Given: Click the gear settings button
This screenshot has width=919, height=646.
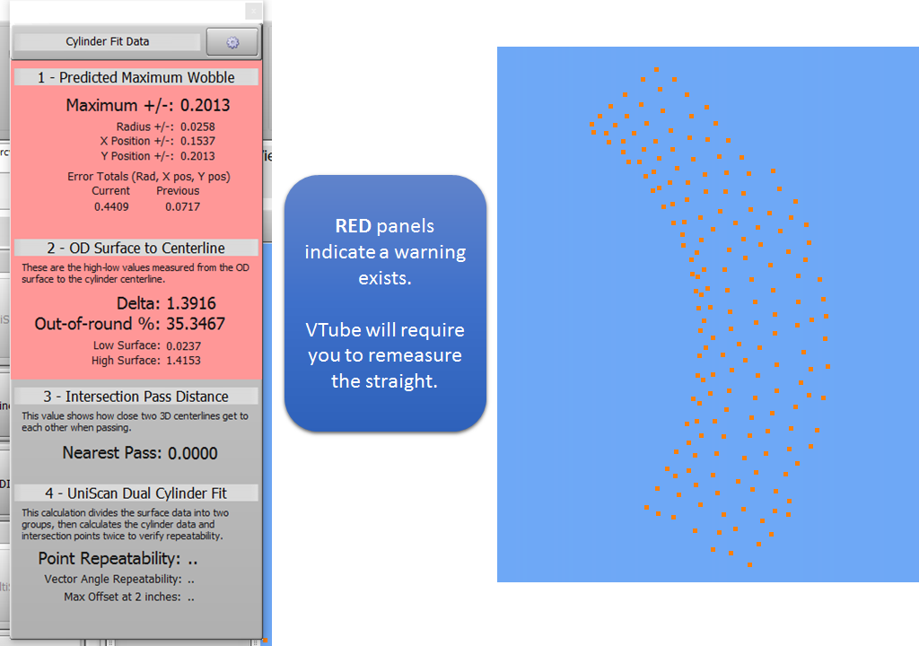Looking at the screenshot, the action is (232, 42).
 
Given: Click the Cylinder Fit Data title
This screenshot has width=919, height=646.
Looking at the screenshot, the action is (108, 41).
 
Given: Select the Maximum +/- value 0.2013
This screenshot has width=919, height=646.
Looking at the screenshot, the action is (206, 105).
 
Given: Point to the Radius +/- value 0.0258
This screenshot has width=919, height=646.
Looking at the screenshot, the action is (197, 127).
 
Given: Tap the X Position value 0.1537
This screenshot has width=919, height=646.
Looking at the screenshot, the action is (197, 141).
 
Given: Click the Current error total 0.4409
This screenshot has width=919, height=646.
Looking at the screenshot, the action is (111, 207).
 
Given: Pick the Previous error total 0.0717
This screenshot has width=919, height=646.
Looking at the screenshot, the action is (182, 207).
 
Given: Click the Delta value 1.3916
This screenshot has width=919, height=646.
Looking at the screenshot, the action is (191, 303).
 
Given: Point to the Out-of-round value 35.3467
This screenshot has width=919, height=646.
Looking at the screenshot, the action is (196, 324).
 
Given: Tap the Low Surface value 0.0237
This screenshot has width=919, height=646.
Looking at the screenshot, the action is (183, 345).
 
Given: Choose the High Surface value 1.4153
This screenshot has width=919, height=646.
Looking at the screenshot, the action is (183, 361).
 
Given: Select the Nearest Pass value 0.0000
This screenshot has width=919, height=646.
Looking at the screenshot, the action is (193, 453).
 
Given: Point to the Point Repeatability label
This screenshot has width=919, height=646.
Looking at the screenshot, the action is (109, 559).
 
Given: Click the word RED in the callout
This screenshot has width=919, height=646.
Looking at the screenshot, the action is (353, 226).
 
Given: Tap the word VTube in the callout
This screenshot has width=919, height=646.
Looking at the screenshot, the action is (333, 329).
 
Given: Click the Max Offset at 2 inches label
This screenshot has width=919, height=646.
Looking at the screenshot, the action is (122, 597).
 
